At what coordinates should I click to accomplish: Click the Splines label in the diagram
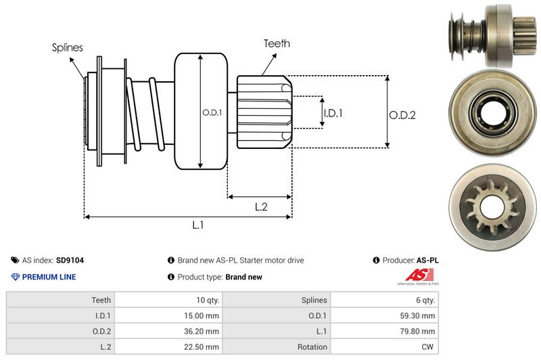tap(67, 47)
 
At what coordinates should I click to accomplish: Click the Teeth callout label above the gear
tap(277, 43)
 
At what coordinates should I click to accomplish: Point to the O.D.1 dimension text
tap(211, 112)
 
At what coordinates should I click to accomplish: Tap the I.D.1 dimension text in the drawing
tap(333, 113)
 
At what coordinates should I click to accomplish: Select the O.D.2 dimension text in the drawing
tap(402, 115)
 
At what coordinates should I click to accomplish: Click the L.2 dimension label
tap(261, 207)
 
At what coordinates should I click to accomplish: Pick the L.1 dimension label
tap(198, 225)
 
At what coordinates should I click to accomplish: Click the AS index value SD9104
tap(70, 260)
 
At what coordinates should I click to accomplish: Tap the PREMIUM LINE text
tap(49, 277)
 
